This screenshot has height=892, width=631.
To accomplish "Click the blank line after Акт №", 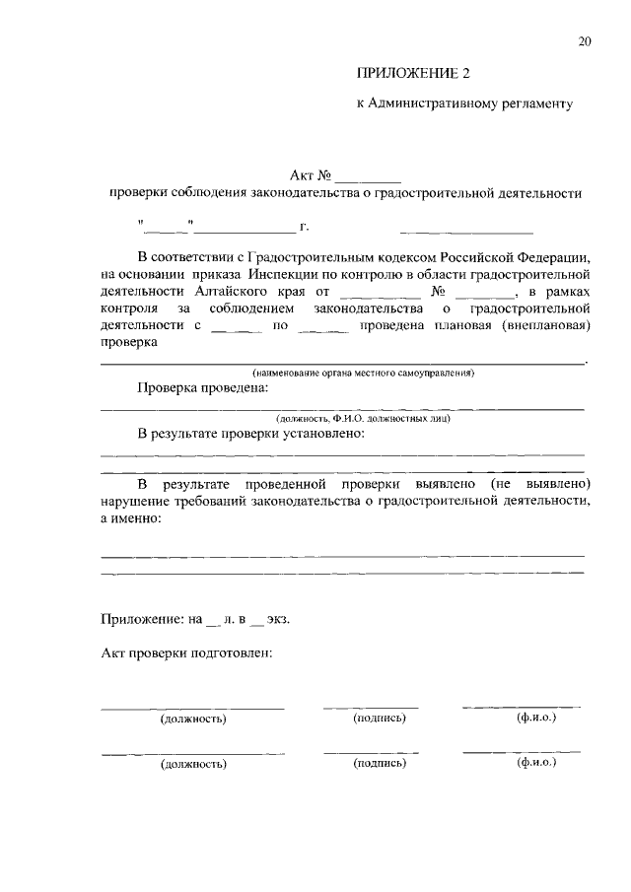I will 368,176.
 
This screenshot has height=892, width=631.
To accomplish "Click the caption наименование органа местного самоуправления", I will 364,374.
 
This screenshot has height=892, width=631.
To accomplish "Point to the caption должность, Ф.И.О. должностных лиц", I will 364,418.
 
